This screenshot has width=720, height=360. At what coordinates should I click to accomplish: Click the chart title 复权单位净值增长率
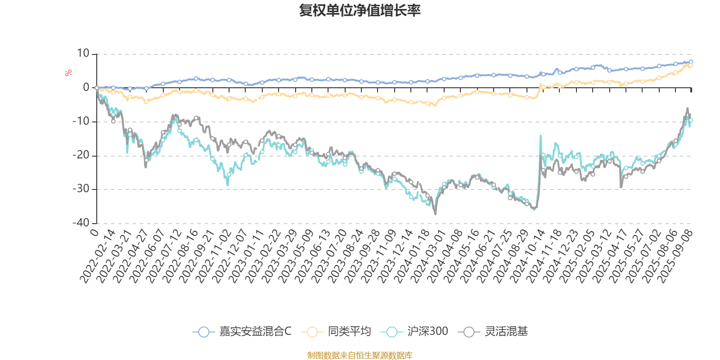(x=360, y=11)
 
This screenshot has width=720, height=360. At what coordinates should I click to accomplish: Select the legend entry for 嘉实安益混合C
(x=242, y=332)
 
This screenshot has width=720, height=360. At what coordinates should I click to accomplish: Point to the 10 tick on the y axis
(x=83, y=54)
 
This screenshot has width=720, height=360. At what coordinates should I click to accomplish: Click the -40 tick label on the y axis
(x=81, y=223)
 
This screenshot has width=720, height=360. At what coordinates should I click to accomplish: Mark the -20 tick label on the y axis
(x=81, y=155)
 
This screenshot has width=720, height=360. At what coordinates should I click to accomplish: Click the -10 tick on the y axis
(x=81, y=121)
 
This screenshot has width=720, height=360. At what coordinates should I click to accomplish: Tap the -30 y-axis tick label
(x=81, y=189)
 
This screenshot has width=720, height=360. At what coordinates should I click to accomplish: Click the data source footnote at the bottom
(x=360, y=355)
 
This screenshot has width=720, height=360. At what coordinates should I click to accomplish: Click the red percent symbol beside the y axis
(x=68, y=73)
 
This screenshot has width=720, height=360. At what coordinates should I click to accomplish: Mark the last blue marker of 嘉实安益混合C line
(x=691, y=62)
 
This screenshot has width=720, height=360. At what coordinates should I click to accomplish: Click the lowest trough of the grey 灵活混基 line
(x=435, y=214)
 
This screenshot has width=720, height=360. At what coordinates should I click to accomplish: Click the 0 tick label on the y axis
(x=86, y=88)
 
